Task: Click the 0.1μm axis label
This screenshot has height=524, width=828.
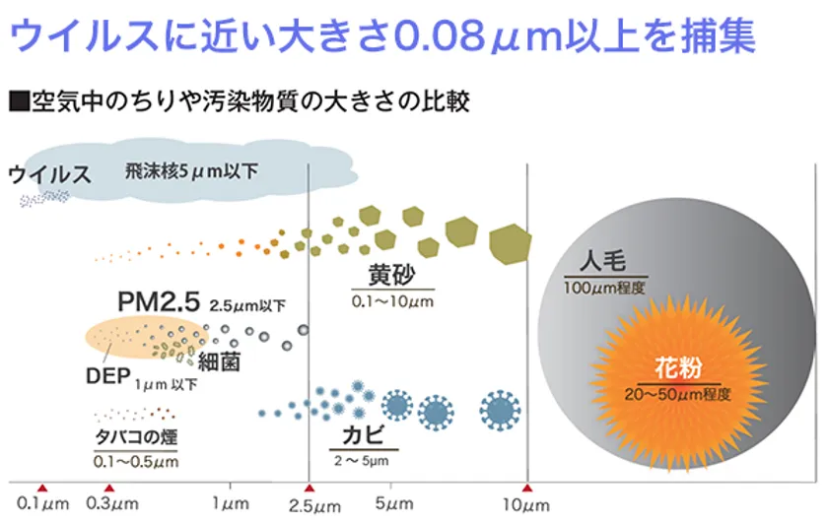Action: pyautogui.click(x=42, y=505)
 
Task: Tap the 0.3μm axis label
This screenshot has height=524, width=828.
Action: pyautogui.click(x=110, y=505)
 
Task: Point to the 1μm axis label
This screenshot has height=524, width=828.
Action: pyautogui.click(x=230, y=505)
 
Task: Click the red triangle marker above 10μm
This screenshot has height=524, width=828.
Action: pyautogui.click(x=527, y=489)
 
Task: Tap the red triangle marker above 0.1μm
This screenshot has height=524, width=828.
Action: pyautogui.click(x=42, y=489)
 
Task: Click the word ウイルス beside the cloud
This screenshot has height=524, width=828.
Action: pyautogui.click(x=49, y=175)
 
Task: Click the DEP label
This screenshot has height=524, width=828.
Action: pyautogui.click(x=105, y=376)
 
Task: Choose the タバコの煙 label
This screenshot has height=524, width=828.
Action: pyautogui.click(x=136, y=436)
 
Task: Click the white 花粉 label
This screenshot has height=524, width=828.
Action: pyautogui.click(x=677, y=371)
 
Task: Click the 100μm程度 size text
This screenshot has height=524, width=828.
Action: pyautogui.click(x=604, y=288)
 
